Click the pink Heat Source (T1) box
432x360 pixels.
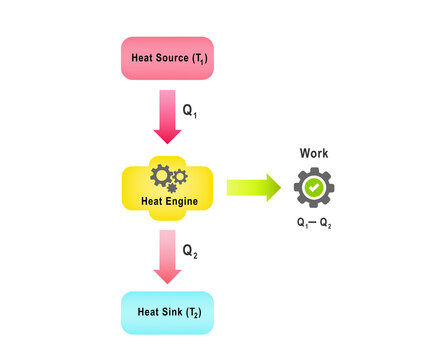[x=166, y=58]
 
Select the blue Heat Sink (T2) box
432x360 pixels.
[x=167, y=312]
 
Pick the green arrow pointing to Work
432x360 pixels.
[x=253, y=187]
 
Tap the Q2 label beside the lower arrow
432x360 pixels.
[x=190, y=250]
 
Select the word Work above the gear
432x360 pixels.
[x=314, y=154]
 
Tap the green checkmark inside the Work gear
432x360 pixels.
[x=314, y=187]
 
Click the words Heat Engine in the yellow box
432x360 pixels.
[x=166, y=201]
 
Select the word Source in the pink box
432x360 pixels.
[x=174, y=58]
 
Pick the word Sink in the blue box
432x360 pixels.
[x=174, y=312]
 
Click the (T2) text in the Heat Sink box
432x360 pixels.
[x=193, y=313]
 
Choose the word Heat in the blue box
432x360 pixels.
[x=148, y=312]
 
